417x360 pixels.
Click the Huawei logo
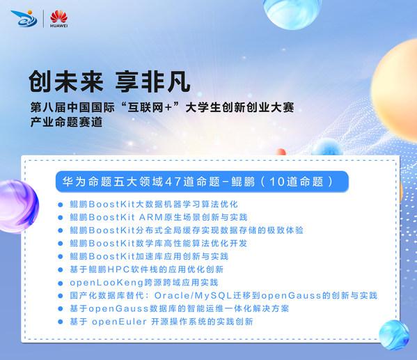pyautogui.click(x=58, y=19)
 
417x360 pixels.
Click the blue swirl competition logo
pyautogui.click(x=24, y=18)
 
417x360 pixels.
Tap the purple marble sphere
pyautogui.click(x=18, y=206)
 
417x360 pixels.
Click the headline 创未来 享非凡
pyautogui.click(x=109, y=81)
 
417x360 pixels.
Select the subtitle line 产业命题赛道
pyautogui.click(x=66, y=122)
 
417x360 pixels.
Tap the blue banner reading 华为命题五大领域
pyautogui.click(x=202, y=182)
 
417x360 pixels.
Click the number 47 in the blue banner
pyautogui.click(x=173, y=182)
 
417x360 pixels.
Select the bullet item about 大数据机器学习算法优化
pyautogui.click(x=154, y=204)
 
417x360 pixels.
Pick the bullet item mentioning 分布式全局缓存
pyautogui.click(x=187, y=230)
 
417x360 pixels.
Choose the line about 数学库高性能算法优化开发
pyautogui.click(x=159, y=243)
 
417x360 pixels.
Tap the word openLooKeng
pyautogui.click(x=107, y=283)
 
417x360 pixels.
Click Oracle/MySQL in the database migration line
pyautogui.click(x=194, y=296)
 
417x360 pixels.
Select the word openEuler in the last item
pyautogui.click(x=119, y=322)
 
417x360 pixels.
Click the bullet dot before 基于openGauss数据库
pyautogui.click(x=61, y=308)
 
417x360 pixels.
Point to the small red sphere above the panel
pyautogui.click(x=281, y=152)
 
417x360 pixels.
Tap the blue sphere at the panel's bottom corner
pyautogui.click(x=394, y=335)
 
